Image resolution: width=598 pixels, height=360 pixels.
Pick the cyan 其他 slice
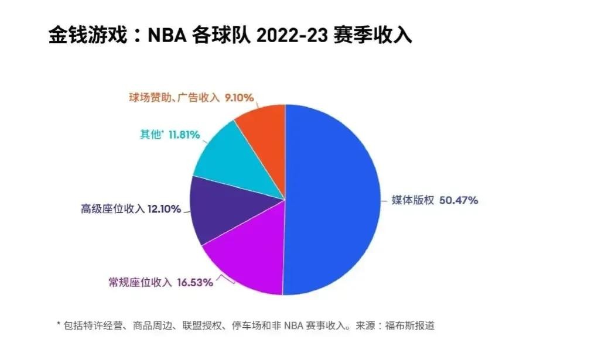tap(234, 158)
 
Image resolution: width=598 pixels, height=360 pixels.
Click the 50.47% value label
tap(458, 200)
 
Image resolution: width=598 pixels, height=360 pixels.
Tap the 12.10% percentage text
tap(165, 208)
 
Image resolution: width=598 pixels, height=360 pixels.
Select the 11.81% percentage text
tap(184, 135)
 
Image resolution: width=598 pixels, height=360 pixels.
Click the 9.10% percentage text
tap(241, 98)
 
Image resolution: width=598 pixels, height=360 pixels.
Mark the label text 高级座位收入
tap(112, 208)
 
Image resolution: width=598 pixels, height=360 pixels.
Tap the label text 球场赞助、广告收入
tap(173, 98)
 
